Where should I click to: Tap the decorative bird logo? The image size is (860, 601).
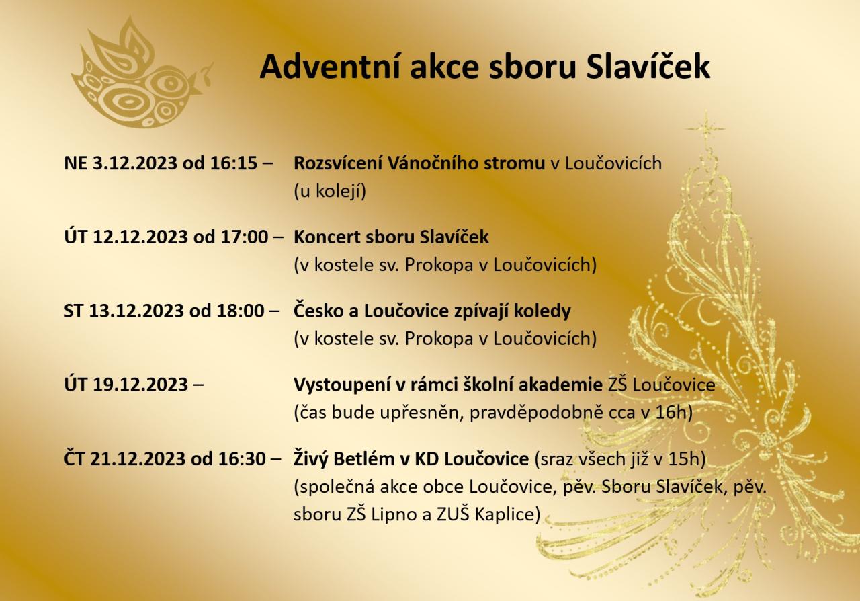pyautogui.click(x=141, y=73)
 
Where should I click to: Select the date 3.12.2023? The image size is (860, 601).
pyautogui.click(x=135, y=163)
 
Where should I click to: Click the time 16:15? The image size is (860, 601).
pyautogui.click(x=233, y=163)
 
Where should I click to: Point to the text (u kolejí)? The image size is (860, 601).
pyautogui.click(x=330, y=191)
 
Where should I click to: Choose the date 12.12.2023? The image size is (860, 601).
pyautogui.click(x=140, y=237)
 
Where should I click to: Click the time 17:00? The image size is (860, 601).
pyautogui.click(x=244, y=237)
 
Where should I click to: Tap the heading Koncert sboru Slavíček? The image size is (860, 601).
pyautogui.click(x=391, y=237)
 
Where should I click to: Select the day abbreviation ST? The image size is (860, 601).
pyautogui.click(x=73, y=311)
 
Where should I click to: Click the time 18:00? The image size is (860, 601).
pyautogui.click(x=241, y=311)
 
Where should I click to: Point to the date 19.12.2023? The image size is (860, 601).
pyautogui.click(x=140, y=385)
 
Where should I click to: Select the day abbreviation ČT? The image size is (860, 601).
pyautogui.click(x=74, y=458)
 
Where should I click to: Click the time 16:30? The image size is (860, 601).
pyautogui.click(x=242, y=458)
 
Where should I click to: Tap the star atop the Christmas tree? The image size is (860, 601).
pyautogui.click(x=705, y=128)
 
